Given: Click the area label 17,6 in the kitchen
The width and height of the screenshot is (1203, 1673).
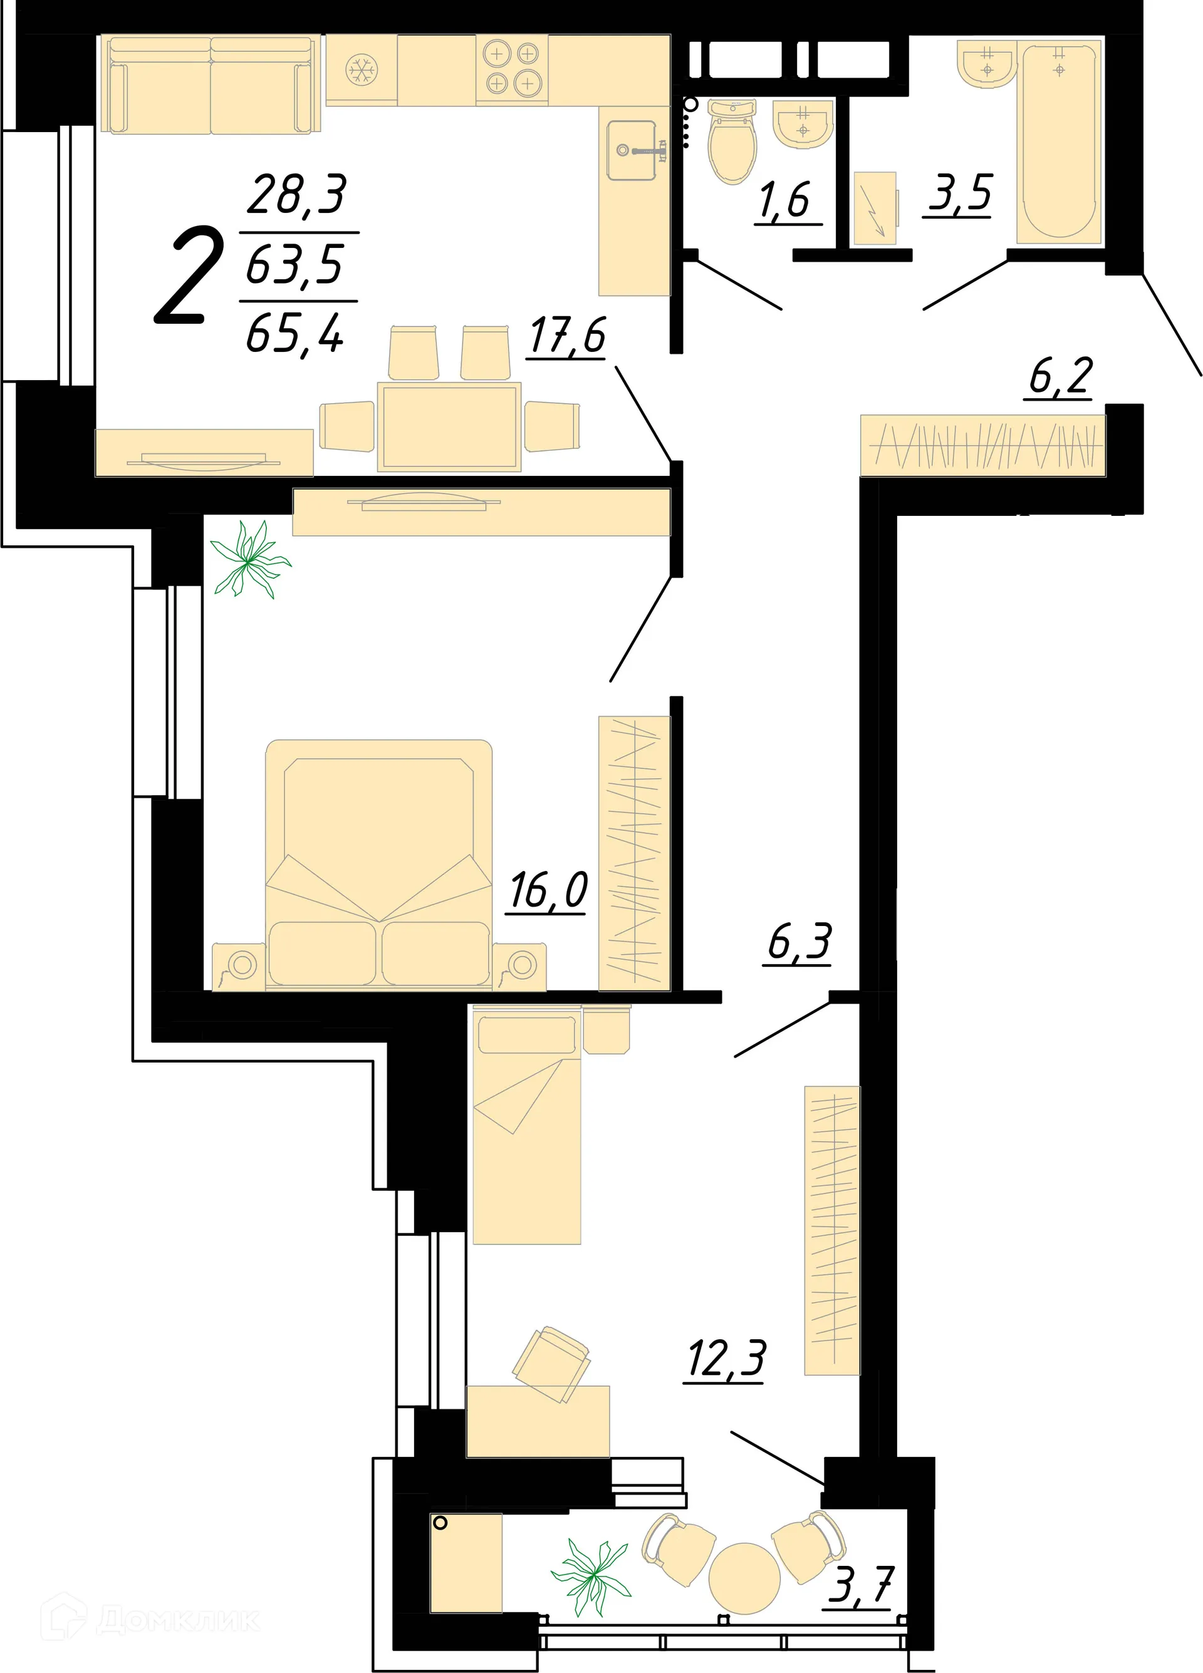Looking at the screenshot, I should [x=568, y=336].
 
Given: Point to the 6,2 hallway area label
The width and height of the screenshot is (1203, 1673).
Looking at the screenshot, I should [x=1060, y=377].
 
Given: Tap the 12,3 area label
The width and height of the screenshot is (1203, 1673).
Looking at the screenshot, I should [x=726, y=1359].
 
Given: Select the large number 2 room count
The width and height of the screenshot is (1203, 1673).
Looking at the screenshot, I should [x=190, y=277].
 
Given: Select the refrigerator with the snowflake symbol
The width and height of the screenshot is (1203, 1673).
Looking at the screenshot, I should [x=362, y=70].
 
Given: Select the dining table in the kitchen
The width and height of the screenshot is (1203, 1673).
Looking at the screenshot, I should [x=449, y=426].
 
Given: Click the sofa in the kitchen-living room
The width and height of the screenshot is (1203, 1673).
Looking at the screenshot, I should [x=211, y=85].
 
